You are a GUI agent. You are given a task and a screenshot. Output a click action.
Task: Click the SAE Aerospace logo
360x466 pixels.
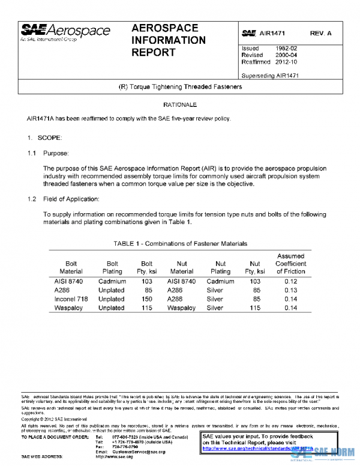point(65,31)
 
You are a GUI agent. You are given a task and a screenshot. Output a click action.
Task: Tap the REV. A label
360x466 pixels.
point(322,33)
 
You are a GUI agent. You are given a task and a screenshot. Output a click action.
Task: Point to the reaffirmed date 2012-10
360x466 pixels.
point(285,62)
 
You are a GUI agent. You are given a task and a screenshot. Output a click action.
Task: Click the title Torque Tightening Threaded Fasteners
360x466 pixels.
point(180,87)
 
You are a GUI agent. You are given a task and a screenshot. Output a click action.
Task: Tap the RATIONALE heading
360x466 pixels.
point(179,105)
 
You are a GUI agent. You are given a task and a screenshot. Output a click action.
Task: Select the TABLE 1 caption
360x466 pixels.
point(180,244)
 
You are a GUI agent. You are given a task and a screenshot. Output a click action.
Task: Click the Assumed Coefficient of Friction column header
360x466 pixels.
point(290,264)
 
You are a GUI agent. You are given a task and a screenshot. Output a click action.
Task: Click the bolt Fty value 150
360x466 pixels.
point(146,298)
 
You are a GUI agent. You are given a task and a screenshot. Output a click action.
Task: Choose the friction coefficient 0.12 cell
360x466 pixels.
point(290,280)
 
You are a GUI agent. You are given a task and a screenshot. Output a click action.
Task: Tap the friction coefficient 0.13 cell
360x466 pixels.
point(290,289)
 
